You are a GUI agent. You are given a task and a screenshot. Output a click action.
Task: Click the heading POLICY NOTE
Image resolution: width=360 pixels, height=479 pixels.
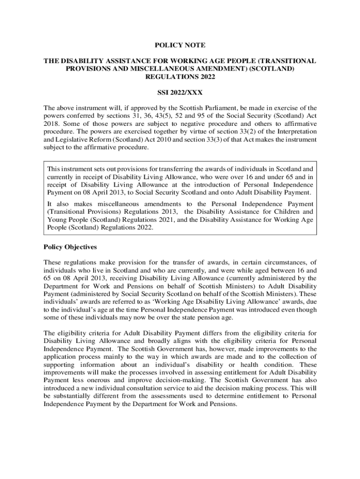180,45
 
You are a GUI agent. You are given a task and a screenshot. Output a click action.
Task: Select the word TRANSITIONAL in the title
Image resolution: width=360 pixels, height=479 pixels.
287,61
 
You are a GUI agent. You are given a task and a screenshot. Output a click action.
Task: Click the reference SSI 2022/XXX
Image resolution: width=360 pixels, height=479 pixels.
180,93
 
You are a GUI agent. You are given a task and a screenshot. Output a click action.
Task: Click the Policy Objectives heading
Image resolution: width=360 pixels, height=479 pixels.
70,247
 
